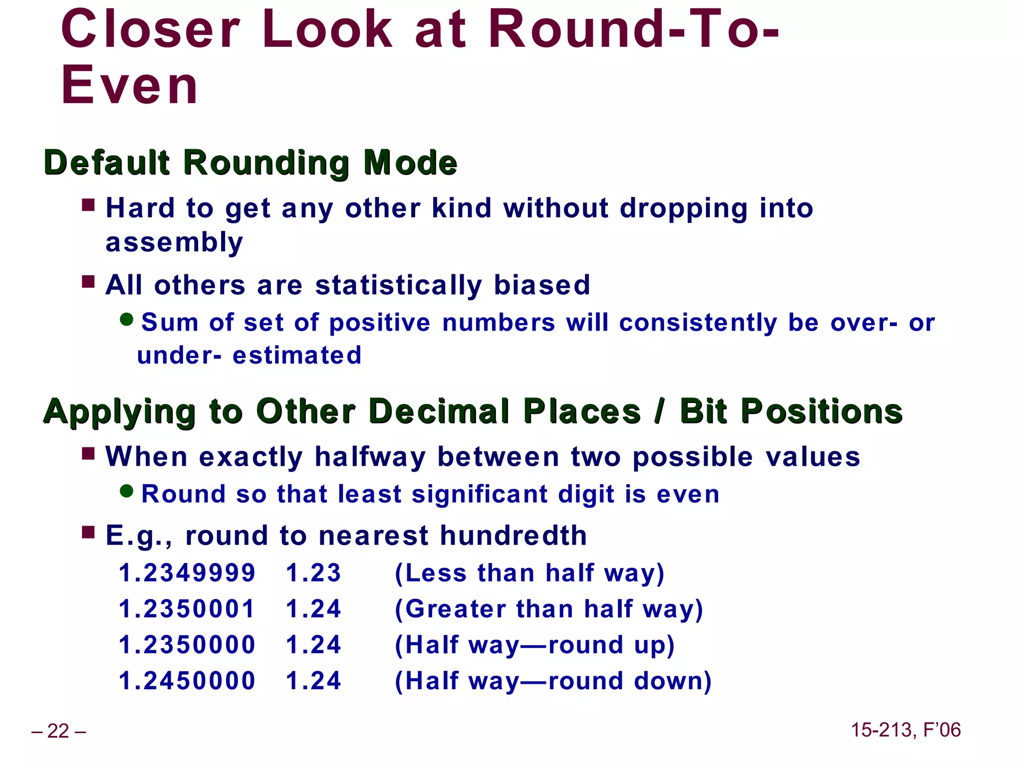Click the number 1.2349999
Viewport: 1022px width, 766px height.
click(187, 573)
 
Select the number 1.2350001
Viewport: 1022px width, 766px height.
click(187, 609)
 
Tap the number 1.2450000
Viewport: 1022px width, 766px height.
click(187, 681)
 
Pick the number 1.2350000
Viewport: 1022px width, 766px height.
click(187, 645)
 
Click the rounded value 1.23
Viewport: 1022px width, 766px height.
click(313, 573)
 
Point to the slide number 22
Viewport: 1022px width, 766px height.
click(58, 731)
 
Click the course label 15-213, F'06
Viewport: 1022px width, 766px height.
click(905, 730)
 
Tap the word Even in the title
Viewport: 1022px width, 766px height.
click(130, 86)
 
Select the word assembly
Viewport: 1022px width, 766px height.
click(174, 243)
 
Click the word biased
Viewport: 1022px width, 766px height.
click(542, 285)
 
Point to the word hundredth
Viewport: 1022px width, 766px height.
click(513, 536)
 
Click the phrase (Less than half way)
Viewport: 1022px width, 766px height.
click(529, 573)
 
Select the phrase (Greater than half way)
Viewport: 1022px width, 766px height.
click(548, 609)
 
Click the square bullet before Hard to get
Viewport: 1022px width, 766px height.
click(88, 205)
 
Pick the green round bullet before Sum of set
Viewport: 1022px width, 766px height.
click(127, 319)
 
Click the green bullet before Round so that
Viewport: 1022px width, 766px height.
click(127, 491)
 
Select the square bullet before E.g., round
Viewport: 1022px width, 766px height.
click(88, 533)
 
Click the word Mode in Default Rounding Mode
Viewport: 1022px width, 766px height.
click(410, 163)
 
